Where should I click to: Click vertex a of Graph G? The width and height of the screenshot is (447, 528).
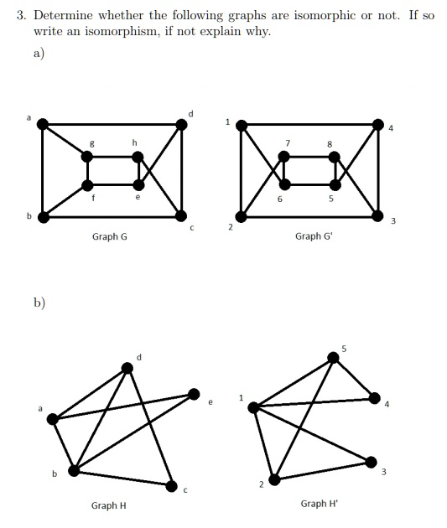coord(43,124)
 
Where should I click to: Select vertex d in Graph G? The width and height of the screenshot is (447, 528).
coord(181,125)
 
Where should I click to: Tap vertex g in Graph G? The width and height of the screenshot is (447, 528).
coord(87,157)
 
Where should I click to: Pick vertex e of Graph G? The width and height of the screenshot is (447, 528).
coord(138,185)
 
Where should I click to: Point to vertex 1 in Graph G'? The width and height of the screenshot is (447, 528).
coord(242,126)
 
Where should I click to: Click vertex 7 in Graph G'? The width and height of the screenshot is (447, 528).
coord(284,157)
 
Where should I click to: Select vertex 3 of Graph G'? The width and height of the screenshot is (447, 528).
coord(377,216)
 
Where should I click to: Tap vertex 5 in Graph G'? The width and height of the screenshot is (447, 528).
coord(335,185)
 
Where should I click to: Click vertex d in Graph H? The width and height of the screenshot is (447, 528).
coord(127,368)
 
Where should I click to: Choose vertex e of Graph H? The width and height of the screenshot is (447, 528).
coord(194,394)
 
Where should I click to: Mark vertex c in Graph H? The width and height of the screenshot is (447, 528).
coord(171,486)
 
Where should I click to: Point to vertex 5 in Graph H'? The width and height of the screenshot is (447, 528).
coord(333,358)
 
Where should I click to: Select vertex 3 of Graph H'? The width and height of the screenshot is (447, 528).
coord(371,462)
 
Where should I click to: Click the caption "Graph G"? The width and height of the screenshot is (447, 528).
coord(110,236)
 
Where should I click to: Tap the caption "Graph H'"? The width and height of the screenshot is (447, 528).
coord(319,504)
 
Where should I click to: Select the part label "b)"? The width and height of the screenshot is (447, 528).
coord(39,303)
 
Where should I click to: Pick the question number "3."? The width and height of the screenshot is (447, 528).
coord(21,15)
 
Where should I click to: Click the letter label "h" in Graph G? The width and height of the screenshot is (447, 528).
coord(134,142)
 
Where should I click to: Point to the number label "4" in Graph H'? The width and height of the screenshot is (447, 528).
coord(387,404)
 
